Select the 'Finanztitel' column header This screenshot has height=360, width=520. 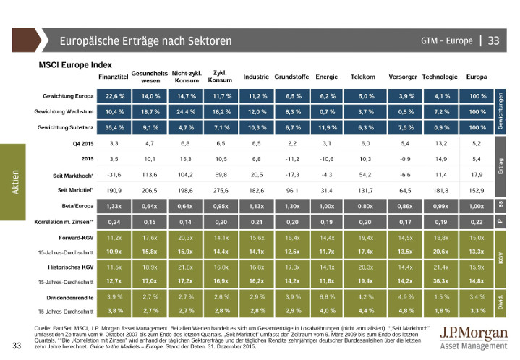(x=113, y=77)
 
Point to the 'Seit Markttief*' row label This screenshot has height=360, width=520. (x=74, y=189)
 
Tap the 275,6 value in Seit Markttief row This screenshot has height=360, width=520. (x=220, y=189)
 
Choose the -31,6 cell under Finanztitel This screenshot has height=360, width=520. (x=114, y=174)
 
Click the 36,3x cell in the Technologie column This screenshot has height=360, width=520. (x=440, y=281)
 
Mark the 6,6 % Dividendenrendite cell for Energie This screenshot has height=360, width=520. (x=328, y=297)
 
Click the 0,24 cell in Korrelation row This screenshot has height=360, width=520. (x=114, y=221)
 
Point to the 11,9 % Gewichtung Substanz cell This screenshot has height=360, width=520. (x=328, y=127)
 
